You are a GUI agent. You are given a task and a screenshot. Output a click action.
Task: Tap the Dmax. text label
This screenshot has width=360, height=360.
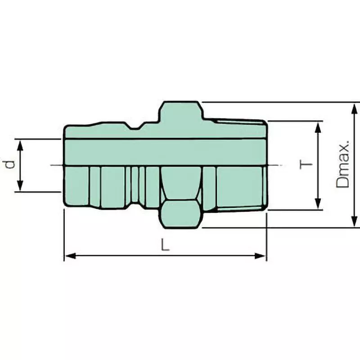pos(343,165)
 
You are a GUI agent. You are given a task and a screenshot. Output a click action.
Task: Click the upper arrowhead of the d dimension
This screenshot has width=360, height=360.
pos(20,143)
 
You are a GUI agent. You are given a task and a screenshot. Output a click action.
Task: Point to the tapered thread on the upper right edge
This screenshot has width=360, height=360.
pos(238,121)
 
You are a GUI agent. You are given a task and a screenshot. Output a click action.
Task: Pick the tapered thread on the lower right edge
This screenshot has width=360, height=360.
pos(238,208)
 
